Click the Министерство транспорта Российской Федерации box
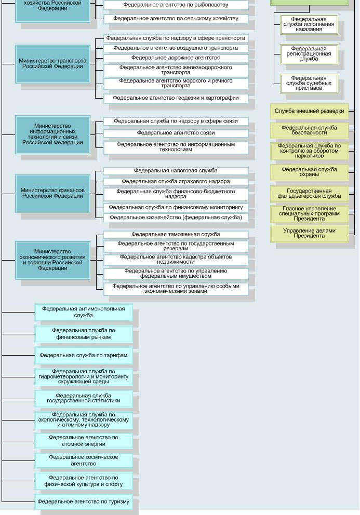pyautogui.click(x=52, y=64)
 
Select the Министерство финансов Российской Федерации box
pyautogui.click(x=52, y=193)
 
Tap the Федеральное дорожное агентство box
pyautogui.click(x=176, y=58)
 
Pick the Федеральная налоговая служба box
pyautogui.click(x=176, y=171)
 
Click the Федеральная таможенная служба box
pyautogui.click(x=176, y=235)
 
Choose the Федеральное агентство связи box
pyautogui.click(x=176, y=133)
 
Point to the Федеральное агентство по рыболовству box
pyautogui.click(x=176, y=5)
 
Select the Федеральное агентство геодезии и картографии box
pyautogui.click(x=176, y=98)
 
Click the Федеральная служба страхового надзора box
pyautogui.click(x=176, y=182)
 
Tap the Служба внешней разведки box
pyautogui.click(x=309, y=111)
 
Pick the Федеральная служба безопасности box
pyautogui.click(x=309, y=130)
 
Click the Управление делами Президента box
pyautogui.click(x=309, y=234)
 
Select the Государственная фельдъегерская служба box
pyautogui.click(x=309, y=194)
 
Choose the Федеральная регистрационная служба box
pyautogui.click(x=309, y=54)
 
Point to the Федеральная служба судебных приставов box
pyautogui.click(x=309, y=84)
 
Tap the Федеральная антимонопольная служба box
pyautogui.click(x=84, y=312)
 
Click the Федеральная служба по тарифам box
pyautogui.click(x=84, y=356)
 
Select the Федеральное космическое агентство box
pyautogui.click(x=84, y=460)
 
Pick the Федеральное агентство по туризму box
pyautogui.click(x=84, y=502)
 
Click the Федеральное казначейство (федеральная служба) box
pyautogui.click(x=176, y=218)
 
